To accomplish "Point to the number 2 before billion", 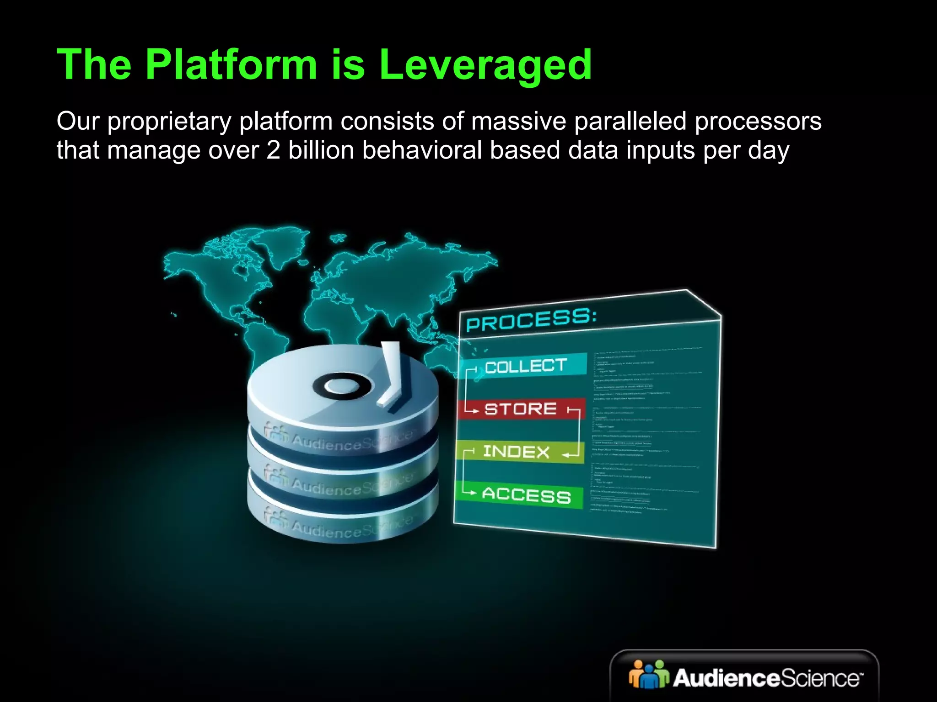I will [x=273, y=150].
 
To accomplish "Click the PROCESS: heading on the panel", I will [x=531, y=320].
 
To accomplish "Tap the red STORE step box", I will [x=521, y=409].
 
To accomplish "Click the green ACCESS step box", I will [x=521, y=495].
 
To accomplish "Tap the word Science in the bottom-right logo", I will [x=820, y=678].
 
